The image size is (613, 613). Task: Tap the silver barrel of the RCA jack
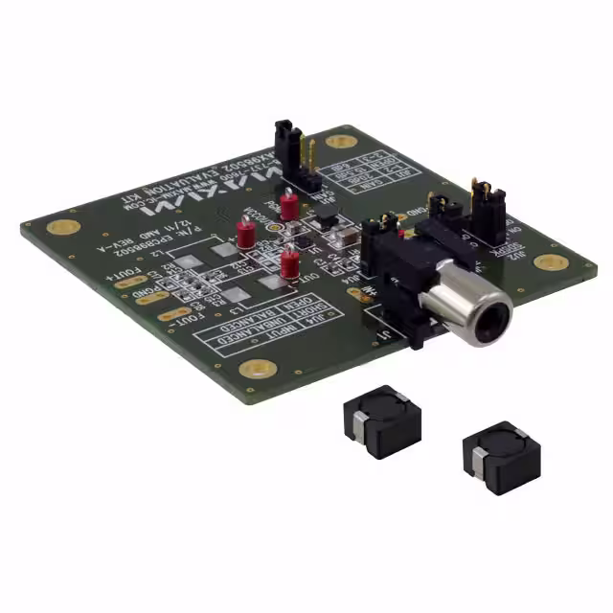coord(465,308)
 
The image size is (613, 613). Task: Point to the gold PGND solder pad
coord(151,298)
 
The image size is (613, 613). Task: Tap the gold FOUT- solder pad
coord(173,314)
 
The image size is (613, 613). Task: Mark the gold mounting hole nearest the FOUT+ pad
coord(63,228)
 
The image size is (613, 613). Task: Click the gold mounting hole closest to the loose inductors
coord(257,368)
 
